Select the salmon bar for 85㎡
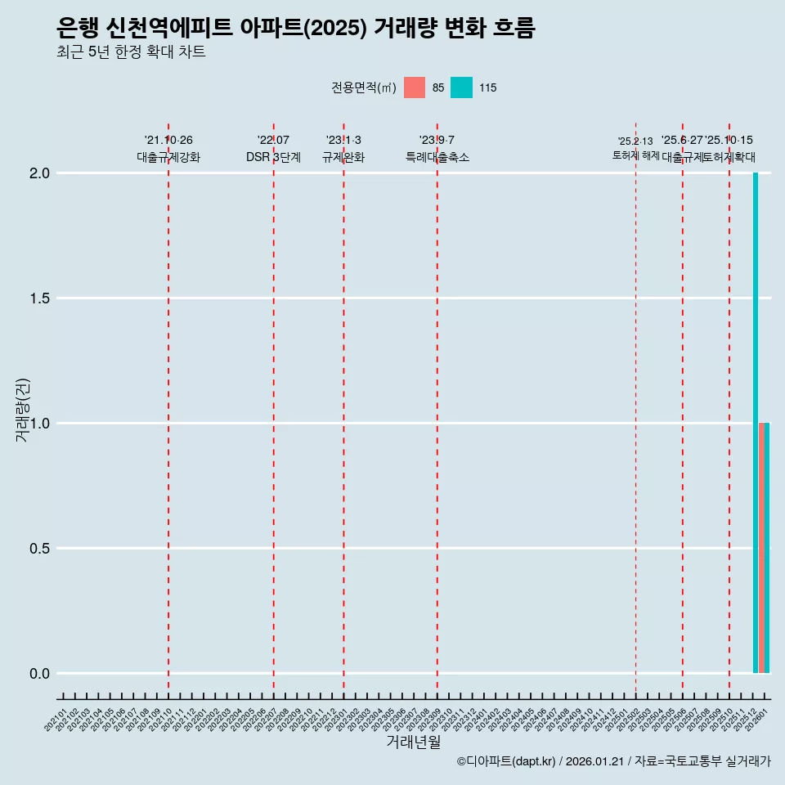tap(762, 548)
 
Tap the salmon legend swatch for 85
tap(415, 87)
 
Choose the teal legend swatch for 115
tap(462, 87)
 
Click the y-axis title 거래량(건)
tap(23, 409)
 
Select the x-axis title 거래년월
tap(413, 742)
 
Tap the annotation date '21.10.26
tap(168, 141)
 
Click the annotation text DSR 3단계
tap(273, 157)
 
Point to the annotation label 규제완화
tap(343, 157)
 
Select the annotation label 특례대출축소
tap(437, 157)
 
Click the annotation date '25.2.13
tap(635, 141)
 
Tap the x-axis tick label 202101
tap(56, 722)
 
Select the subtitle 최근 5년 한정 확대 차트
tap(131, 52)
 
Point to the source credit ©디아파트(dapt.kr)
tap(506, 762)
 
